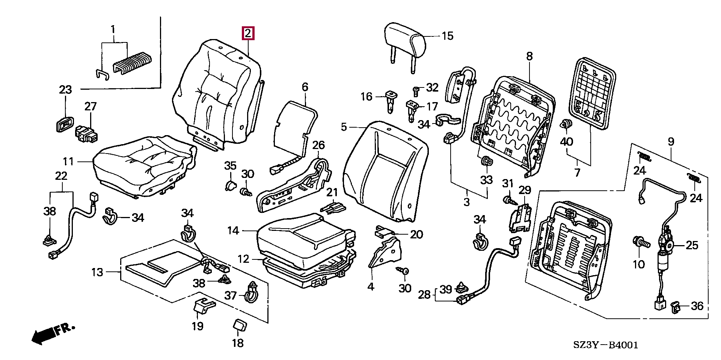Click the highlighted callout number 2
(x=248, y=33)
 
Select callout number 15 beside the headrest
(x=447, y=36)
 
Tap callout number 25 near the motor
(x=692, y=246)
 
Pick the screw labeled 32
(x=416, y=89)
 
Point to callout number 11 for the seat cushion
(x=68, y=162)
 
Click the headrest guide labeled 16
(x=390, y=100)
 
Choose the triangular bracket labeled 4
(x=385, y=252)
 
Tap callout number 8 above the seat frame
(x=529, y=57)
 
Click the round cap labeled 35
(x=229, y=185)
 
